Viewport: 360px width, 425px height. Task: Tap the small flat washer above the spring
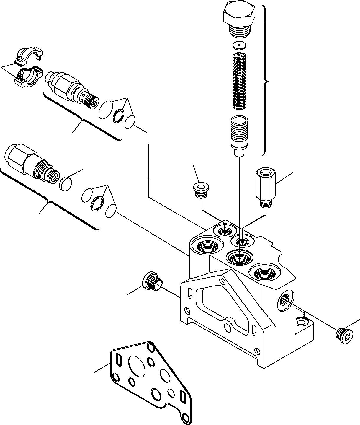[239, 45]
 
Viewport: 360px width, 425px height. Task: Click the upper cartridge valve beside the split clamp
[71, 88]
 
